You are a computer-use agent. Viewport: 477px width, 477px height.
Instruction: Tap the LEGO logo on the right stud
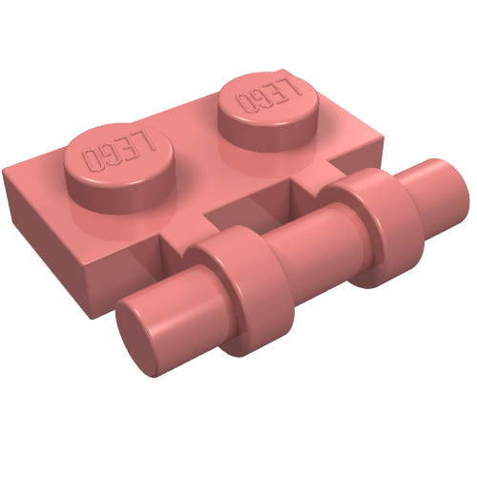pyautogui.click(x=268, y=95)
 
